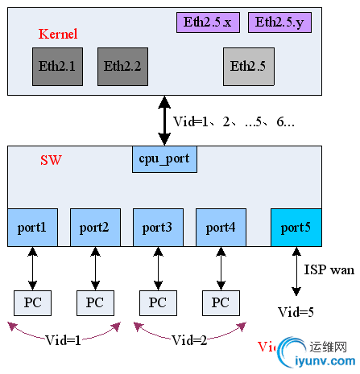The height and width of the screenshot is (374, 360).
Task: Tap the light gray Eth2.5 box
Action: pos(247,67)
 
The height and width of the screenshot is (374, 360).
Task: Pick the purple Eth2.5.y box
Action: pos(280,23)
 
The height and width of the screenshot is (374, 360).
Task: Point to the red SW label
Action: pos(51,160)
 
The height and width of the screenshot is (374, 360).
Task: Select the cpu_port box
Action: pos(164,159)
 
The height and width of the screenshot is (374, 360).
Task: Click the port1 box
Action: pos(32,228)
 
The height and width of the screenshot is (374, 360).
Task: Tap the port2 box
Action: pos(95,228)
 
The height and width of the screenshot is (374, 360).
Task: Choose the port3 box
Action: pos(158,228)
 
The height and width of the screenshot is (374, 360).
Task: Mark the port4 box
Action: pos(221,228)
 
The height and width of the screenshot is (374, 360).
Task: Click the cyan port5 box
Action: pos(296,228)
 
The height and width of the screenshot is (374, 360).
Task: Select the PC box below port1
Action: pos(32,302)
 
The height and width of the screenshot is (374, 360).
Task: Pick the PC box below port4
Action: pos(221,302)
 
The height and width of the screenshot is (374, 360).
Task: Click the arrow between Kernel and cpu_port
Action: pos(164,121)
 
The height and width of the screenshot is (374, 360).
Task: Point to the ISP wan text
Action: pos(329,270)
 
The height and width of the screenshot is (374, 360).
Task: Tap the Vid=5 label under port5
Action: pos(296,312)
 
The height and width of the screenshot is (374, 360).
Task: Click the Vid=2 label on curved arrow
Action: pos(190,340)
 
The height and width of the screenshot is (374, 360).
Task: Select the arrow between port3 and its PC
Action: pos(158,267)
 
